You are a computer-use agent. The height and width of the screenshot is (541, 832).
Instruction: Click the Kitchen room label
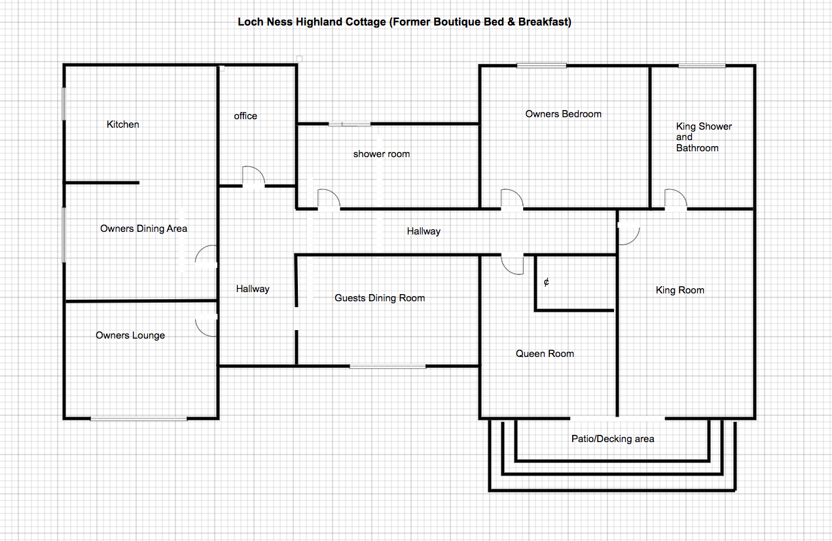122,124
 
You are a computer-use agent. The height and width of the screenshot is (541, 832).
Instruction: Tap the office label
245,116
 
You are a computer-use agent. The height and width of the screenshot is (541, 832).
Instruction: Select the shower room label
382,154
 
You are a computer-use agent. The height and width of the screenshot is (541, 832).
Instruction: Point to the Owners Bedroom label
563,114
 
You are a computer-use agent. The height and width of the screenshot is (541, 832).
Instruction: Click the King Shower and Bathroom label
704,137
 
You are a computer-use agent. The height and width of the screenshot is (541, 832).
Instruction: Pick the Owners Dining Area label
144,229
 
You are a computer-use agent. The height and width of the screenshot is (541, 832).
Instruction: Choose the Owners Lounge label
130,335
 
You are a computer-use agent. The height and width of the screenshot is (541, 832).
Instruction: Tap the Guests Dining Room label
380,298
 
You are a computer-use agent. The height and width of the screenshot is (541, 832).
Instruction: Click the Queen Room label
545,354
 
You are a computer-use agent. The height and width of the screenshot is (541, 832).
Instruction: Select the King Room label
679,290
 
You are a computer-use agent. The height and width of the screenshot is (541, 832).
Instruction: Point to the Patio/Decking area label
613,439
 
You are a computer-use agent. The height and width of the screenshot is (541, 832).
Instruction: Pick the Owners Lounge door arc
200,331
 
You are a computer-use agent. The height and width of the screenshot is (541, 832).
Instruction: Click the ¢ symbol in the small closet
546,282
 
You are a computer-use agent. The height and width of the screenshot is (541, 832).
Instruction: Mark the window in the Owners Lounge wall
139,419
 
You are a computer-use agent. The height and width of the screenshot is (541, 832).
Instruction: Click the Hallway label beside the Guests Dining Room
253,289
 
